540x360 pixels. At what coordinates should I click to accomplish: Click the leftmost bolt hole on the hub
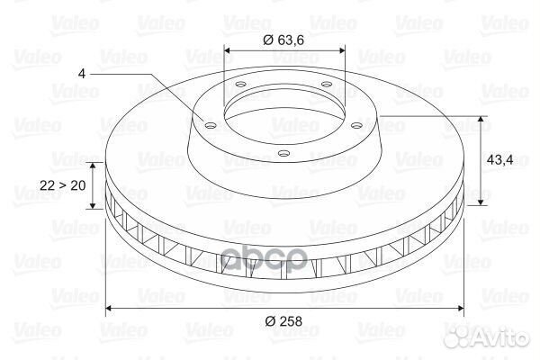(x=210, y=125)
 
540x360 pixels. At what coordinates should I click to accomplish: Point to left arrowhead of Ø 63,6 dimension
(x=226, y=50)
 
